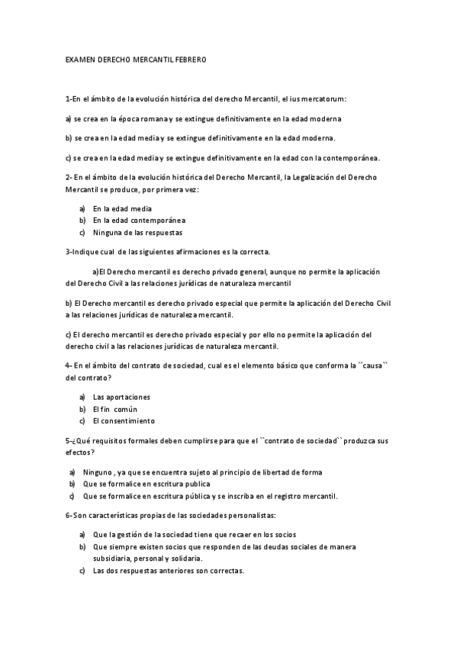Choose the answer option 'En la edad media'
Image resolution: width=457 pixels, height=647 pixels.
coord(122,208)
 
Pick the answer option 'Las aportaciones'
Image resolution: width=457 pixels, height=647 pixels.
coord(121,397)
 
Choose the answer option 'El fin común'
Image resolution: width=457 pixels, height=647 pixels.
coord(115,409)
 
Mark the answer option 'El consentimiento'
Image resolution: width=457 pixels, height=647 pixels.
coord(124,420)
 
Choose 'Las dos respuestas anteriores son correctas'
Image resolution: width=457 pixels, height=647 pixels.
coord(168,571)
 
